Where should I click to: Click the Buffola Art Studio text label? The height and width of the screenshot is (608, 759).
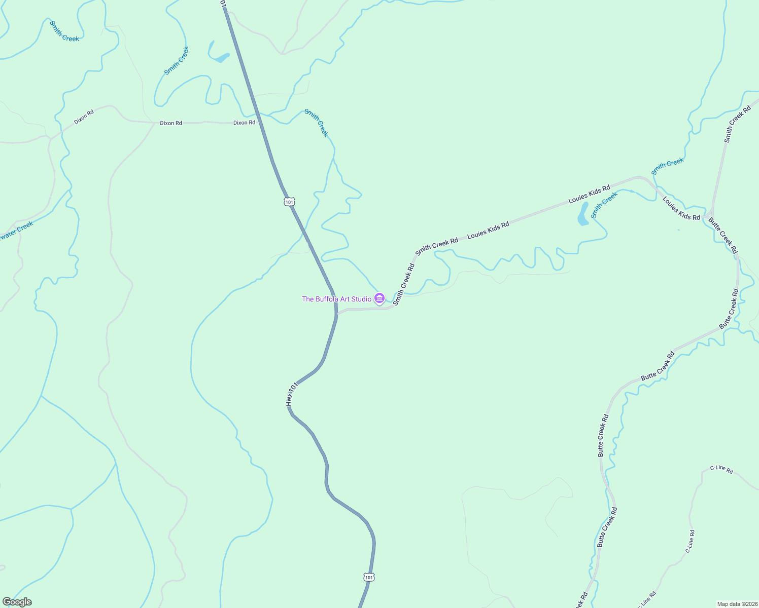336,299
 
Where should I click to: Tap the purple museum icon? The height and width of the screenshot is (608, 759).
379,298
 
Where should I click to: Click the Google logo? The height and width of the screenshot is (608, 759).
17,602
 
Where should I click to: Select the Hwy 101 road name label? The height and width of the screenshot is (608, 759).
291,395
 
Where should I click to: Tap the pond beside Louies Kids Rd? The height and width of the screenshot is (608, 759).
583,214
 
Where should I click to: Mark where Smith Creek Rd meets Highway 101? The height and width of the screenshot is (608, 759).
337,313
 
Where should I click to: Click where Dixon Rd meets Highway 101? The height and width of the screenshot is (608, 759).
260,122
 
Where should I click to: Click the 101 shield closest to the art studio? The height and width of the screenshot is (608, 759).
289,202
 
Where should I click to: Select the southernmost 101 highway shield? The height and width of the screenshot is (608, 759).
369,577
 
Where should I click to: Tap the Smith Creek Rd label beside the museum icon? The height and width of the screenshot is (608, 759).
404,283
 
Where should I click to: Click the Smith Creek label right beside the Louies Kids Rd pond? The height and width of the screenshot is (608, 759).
604,205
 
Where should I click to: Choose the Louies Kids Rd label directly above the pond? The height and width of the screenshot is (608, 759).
589,194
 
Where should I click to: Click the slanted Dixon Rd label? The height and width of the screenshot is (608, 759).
84,117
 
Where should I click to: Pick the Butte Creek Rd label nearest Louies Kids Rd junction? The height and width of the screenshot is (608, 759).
723,235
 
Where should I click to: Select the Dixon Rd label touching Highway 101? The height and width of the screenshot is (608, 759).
244,123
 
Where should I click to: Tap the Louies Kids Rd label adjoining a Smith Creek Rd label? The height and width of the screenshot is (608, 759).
488,230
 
